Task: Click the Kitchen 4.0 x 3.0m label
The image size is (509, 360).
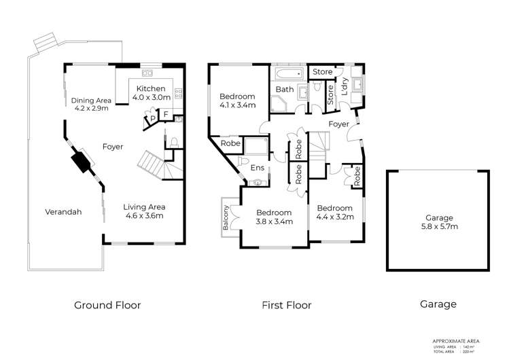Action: click(150, 93)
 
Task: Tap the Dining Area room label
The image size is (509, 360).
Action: click(90, 104)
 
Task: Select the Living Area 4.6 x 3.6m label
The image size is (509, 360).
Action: click(144, 211)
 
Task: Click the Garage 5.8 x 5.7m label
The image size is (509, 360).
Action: click(438, 222)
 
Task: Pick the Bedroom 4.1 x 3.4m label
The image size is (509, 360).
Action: click(236, 101)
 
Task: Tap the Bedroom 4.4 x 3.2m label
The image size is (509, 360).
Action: click(334, 213)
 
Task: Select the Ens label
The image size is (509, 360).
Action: click(257, 168)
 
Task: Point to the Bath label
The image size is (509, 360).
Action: click(284, 90)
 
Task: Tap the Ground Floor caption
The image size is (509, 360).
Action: click(107, 305)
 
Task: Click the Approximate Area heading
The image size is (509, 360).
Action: click(461, 340)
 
